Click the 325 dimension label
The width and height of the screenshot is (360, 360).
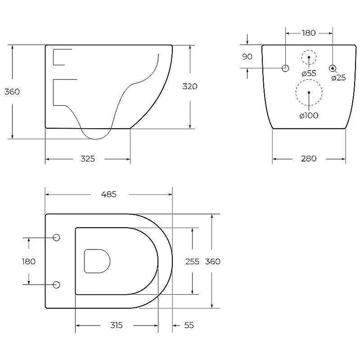pyautogui.click(x=88, y=159)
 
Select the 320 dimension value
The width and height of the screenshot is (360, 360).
pyautogui.click(x=190, y=86)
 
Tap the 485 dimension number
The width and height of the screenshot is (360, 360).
pyautogui.click(x=109, y=194)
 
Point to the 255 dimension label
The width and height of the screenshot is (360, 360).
pyautogui.click(x=193, y=261)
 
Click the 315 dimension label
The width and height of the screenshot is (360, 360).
pyautogui.click(x=117, y=325)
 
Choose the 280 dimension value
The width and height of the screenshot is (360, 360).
pyautogui.click(x=309, y=159)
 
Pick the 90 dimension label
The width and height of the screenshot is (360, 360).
pyautogui.click(x=247, y=57)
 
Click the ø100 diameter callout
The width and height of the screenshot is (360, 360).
pyautogui.click(x=309, y=116)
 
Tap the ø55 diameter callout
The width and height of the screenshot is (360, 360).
pyautogui.click(x=309, y=73)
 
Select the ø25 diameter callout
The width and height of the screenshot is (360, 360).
pyautogui.click(x=339, y=78)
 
